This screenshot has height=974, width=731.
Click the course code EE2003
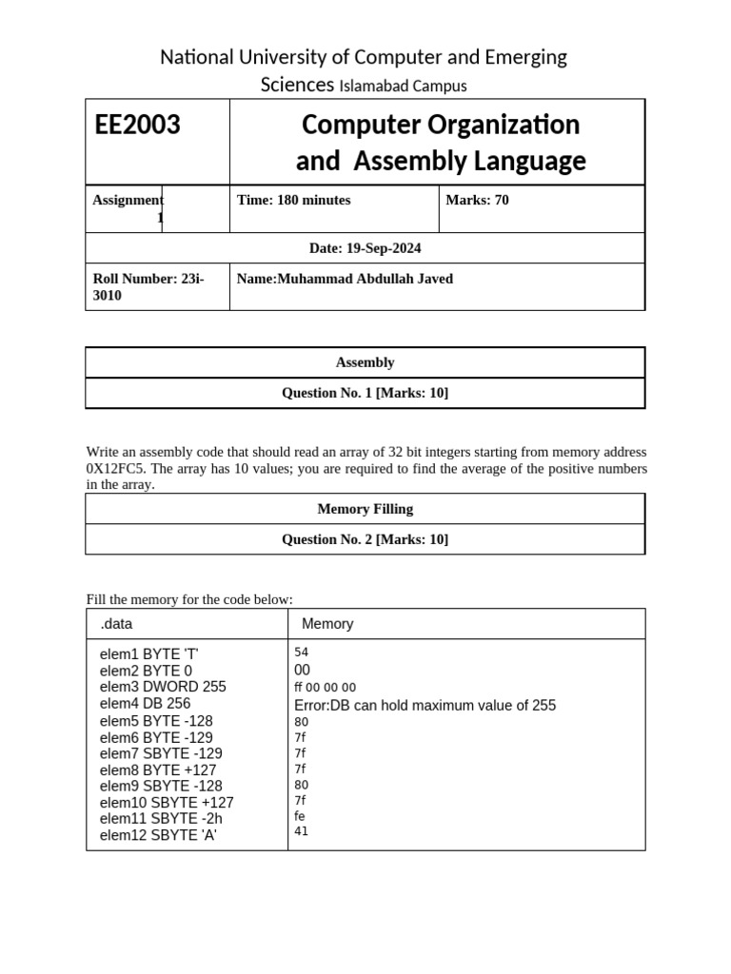click(138, 125)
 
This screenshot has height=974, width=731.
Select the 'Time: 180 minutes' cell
click(293, 200)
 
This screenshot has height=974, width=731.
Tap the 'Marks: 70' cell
click(477, 200)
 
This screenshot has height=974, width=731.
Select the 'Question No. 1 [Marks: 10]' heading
click(365, 393)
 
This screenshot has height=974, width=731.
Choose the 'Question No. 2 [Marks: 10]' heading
click(365, 539)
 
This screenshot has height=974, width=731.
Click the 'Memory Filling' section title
click(365, 509)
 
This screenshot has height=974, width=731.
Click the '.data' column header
click(117, 624)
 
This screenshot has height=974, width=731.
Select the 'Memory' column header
click(327, 624)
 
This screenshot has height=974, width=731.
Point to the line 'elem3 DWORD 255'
click(163, 687)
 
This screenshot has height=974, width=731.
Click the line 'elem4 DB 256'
click(145, 704)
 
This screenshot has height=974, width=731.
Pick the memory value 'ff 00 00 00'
click(326, 688)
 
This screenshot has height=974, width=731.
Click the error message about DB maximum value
click(425, 705)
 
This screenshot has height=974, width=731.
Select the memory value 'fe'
click(301, 816)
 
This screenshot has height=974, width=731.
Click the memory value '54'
click(302, 653)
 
